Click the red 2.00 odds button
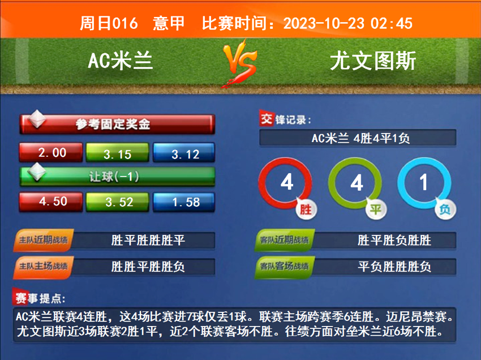51,152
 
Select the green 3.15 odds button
118,152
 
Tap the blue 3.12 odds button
184,152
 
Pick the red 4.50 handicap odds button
51,202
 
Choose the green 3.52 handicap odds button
118,202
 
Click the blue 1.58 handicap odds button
184,202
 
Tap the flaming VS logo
240,63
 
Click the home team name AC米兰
120,61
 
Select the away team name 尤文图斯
373,61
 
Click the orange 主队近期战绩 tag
43,240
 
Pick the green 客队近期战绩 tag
285,240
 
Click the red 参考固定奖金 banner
117,125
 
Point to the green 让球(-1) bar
117,177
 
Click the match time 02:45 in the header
392,23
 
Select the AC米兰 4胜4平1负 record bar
358,138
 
